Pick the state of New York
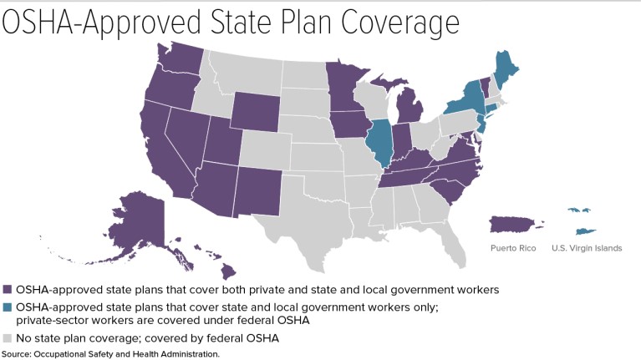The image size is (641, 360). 469,97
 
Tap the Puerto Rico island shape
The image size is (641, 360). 512,224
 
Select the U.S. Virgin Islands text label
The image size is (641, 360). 586,249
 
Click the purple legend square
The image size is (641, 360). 8,289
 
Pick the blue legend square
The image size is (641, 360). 8,307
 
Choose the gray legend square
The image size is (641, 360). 8,338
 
